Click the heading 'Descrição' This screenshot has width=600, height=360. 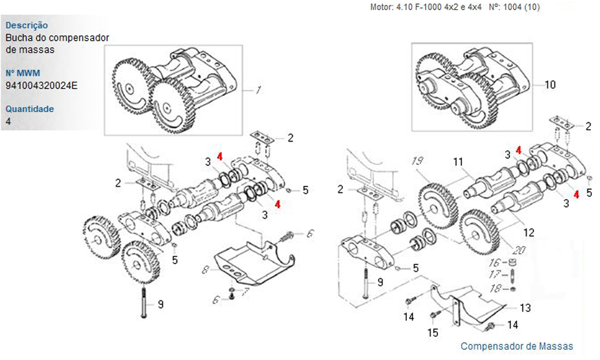click(26, 26)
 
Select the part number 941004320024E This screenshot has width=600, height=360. click(41, 85)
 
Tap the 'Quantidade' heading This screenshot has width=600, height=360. click(29, 109)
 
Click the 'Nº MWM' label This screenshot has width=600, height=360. click(23, 73)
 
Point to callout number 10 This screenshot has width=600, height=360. click(550, 85)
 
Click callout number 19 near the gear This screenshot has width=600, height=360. click(419, 161)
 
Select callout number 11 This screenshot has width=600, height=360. click(458, 161)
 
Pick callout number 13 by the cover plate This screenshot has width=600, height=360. click(525, 308)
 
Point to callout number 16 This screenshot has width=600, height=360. click(494, 263)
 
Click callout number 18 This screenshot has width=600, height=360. click(494, 289)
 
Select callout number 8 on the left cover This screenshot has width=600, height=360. click(205, 271)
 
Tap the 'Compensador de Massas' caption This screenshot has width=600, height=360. click(517, 346)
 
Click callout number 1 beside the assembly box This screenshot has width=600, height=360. click(258, 91)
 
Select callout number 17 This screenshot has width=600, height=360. click(494, 275)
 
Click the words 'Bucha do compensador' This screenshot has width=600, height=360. click(57, 38)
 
